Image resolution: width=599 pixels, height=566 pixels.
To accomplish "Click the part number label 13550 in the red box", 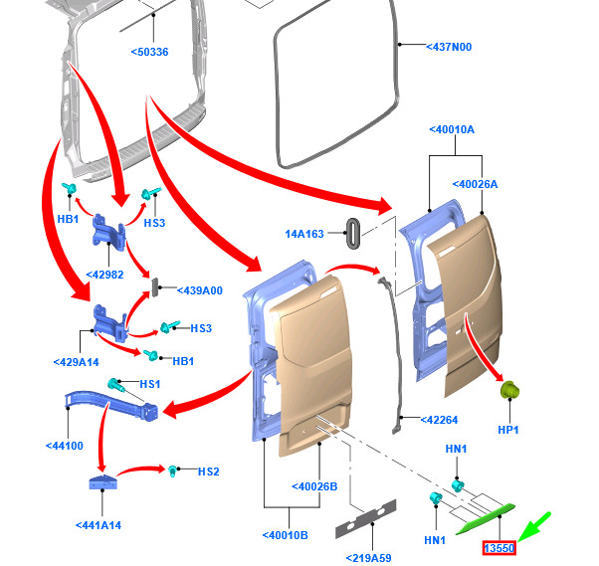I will pyautogui.click(x=499, y=548).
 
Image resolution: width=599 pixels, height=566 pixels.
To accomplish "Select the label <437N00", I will pyautogui.click(x=448, y=47).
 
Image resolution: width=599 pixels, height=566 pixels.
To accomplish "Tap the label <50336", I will pyautogui.click(x=148, y=52).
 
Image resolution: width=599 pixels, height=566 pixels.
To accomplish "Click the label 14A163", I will pyautogui.click(x=304, y=234).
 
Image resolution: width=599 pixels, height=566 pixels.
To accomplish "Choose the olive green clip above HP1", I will pyautogui.click(x=510, y=390).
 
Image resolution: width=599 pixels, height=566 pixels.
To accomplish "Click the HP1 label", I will pyautogui.click(x=509, y=430).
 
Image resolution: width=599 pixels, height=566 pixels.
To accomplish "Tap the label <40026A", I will pyautogui.click(x=475, y=184).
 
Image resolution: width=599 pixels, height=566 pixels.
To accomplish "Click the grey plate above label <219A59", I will pyautogui.click(x=365, y=518).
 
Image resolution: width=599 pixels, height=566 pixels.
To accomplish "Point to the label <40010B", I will pyautogui.click(x=285, y=536).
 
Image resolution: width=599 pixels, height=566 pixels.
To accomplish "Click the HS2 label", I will pyautogui.click(x=208, y=471).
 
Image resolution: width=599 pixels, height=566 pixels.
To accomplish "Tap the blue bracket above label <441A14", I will pyautogui.click(x=99, y=485).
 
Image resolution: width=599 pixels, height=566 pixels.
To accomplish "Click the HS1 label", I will pyautogui.click(x=150, y=384).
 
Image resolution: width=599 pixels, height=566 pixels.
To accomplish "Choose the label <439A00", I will pyautogui.click(x=199, y=290).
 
